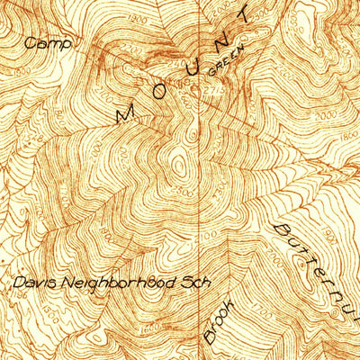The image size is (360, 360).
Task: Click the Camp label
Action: (42, 42)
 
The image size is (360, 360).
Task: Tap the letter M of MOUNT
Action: (126, 113)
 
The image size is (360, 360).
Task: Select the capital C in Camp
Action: (31, 42)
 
